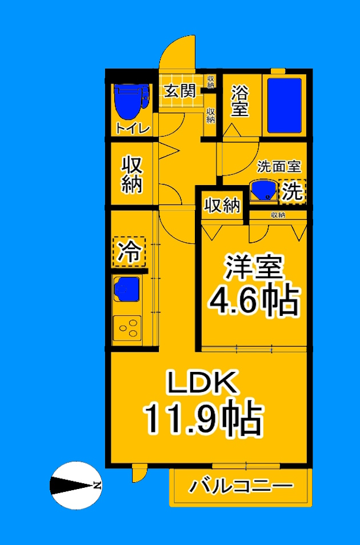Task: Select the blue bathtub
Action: click(x=284, y=105)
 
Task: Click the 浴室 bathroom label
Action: click(x=240, y=101)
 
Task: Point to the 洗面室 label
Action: click(x=279, y=167)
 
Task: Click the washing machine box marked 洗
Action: click(x=292, y=191)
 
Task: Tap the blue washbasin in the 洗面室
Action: click(x=263, y=191)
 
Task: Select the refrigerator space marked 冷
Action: click(x=129, y=252)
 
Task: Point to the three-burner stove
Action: click(x=127, y=328)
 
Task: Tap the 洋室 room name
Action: click(x=254, y=268)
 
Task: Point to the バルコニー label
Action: click(x=241, y=487)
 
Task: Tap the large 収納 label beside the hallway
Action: click(x=132, y=174)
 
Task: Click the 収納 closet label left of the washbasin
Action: click(x=222, y=205)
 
